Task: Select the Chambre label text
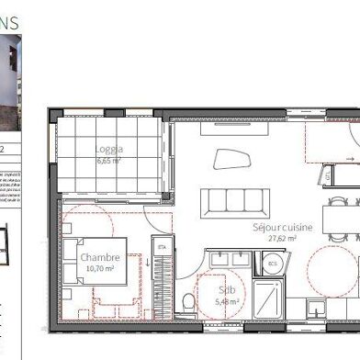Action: pyautogui.click(x=100, y=258)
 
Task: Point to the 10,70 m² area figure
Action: pyautogui.click(x=100, y=268)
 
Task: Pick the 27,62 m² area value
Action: pyautogui.click(x=282, y=238)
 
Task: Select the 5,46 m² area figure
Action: pyautogui.click(x=226, y=300)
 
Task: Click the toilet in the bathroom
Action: pyautogui.click(x=187, y=300)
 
